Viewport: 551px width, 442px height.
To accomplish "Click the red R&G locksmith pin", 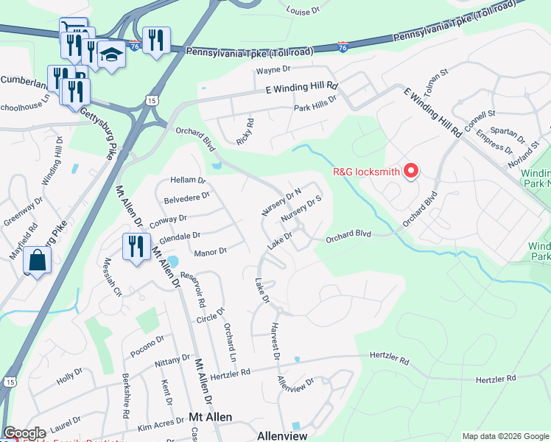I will (x=411, y=172).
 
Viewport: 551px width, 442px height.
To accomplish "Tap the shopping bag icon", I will (x=37, y=260).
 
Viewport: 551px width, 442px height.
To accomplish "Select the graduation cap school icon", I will (x=111, y=55).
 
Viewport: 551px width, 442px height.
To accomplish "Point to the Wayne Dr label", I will (x=274, y=71).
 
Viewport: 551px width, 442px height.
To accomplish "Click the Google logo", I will (x=24, y=433).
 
